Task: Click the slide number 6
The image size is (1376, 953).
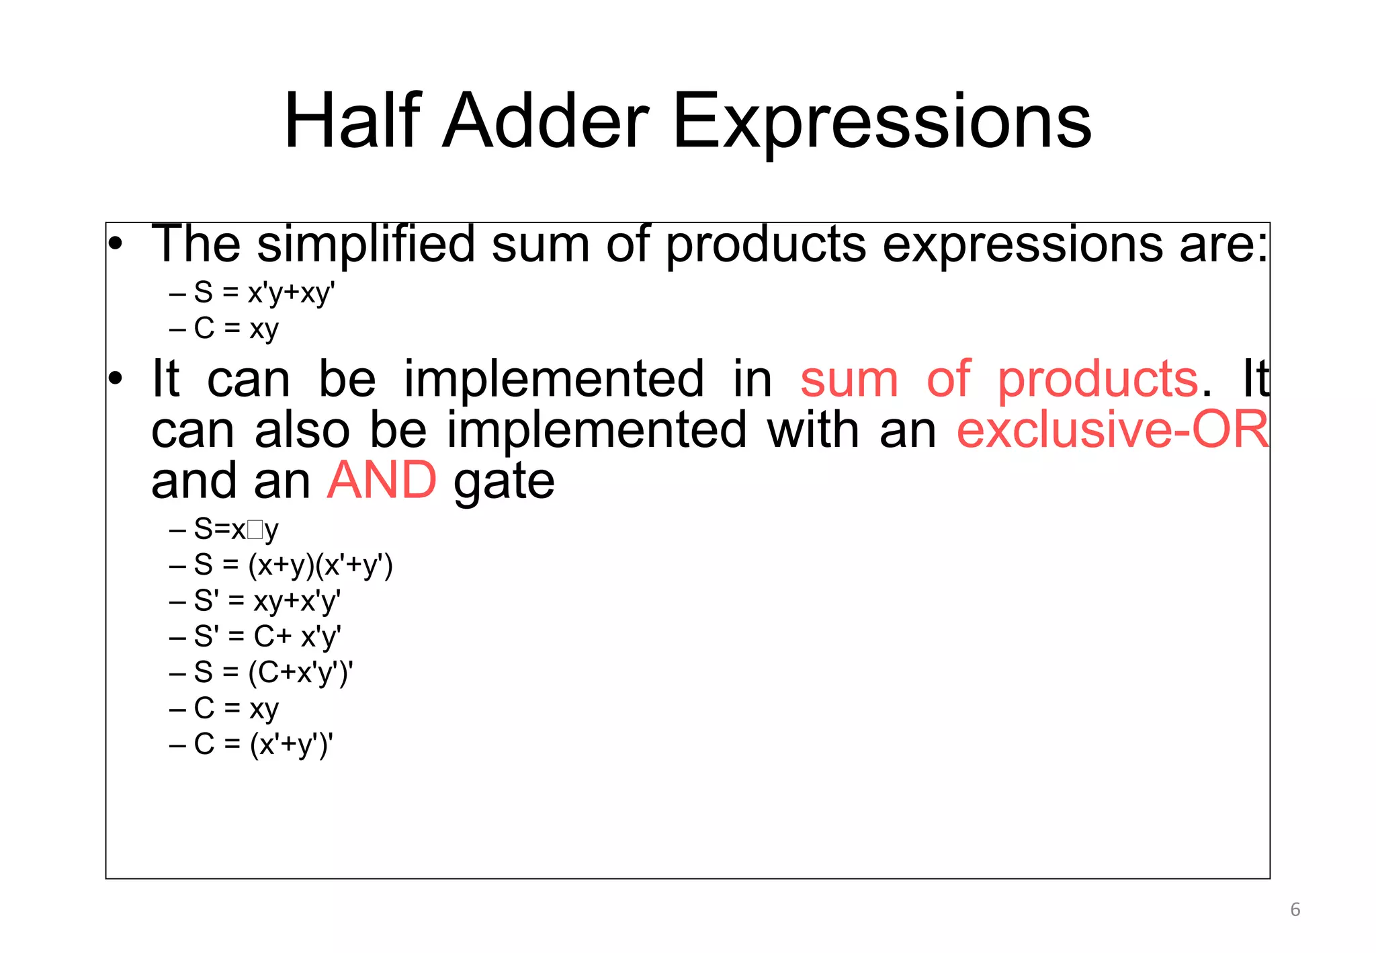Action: pyautogui.click(x=1295, y=910)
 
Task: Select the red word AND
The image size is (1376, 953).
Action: pyautogui.click(x=382, y=481)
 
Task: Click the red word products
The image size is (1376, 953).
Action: pyautogui.click(x=1097, y=380)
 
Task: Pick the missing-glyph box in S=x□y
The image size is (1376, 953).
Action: pyautogui.click(x=255, y=530)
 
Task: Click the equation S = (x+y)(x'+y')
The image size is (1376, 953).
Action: pyautogui.click(x=292, y=565)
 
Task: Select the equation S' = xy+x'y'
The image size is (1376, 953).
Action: pyautogui.click(x=267, y=601)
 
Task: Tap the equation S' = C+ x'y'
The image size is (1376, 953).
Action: pyautogui.click(x=267, y=636)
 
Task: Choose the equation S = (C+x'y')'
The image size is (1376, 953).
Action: pyautogui.click(x=273, y=673)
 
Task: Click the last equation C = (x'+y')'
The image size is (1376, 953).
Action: pyautogui.click(x=263, y=745)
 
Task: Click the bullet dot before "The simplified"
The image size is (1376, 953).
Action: pyautogui.click(x=116, y=245)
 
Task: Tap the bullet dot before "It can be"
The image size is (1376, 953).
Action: pyautogui.click(x=116, y=380)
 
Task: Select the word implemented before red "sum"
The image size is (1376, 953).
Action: pyautogui.click(x=554, y=380)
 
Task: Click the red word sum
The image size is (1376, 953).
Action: pyautogui.click(x=849, y=380)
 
